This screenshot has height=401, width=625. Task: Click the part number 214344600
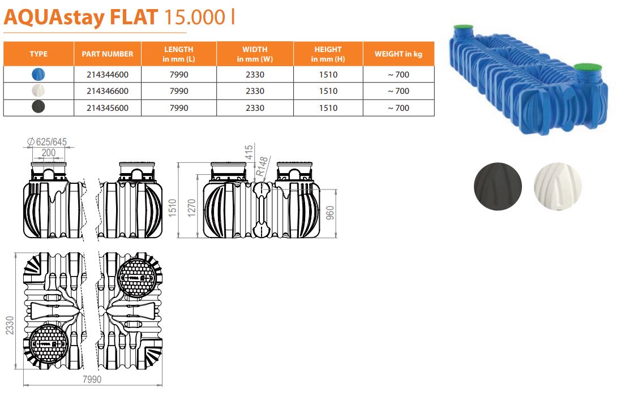click(108, 75)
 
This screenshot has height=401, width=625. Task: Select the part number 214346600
click(108, 91)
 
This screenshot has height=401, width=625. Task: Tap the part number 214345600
click(108, 108)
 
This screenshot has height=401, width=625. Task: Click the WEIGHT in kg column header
click(398, 54)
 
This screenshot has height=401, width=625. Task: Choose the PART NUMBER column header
click(107, 54)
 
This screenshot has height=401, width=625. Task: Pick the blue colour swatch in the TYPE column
click(38, 74)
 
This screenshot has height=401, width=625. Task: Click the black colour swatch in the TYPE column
click(38, 107)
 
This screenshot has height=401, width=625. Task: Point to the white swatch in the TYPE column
click(38, 91)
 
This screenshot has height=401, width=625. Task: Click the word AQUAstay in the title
click(54, 18)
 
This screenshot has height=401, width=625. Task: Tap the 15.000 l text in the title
click(199, 17)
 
